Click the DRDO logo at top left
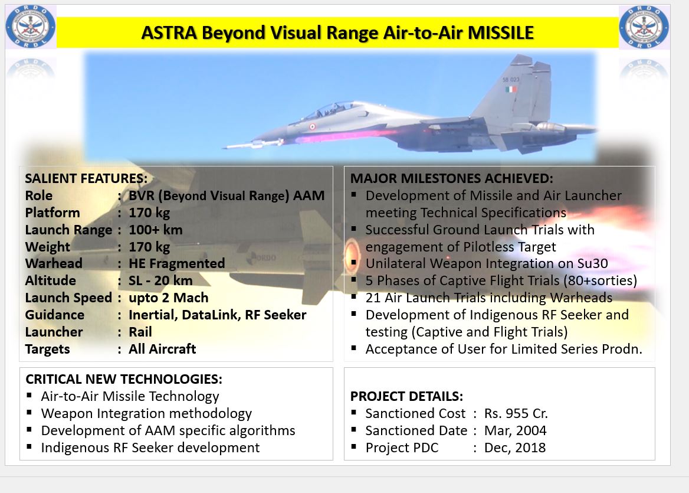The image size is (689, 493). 31,27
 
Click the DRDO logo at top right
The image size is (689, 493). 644,27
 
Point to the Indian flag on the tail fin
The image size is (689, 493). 511,89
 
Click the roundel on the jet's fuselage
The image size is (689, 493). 313,127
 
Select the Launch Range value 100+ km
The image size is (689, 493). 156,230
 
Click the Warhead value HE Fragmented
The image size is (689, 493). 176,263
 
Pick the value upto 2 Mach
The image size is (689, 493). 168,298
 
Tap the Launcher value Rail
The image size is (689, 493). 140,332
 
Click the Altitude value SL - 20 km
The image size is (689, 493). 160,280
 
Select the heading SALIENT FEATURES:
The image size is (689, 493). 86,178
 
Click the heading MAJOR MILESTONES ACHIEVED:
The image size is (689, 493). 452,178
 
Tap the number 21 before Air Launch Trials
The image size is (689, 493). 373,298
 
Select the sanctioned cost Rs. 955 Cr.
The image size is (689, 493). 516,413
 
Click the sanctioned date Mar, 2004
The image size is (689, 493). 516,430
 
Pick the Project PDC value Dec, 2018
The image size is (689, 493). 515,448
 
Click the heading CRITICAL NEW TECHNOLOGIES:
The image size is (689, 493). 124,379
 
